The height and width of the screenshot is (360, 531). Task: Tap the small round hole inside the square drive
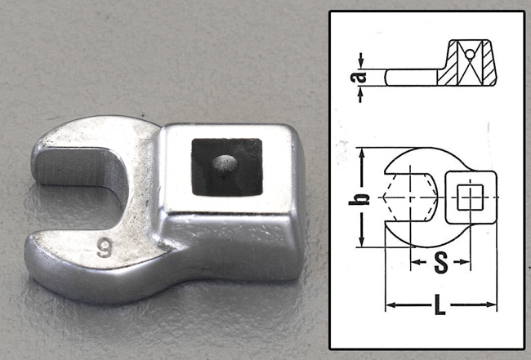click(x=221, y=162)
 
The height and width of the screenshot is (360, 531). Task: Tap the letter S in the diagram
click(x=440, y=262)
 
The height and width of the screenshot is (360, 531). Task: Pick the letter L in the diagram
click(x=441, y=308)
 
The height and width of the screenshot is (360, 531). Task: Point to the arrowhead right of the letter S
click(x=467, y=262)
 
